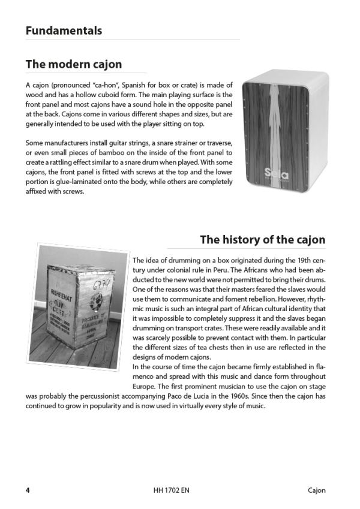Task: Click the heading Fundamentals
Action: (x=64, y=31)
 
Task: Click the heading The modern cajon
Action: (x=74, y=64)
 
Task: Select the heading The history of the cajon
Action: (x=262, y=240)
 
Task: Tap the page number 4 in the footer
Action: (x=28, y=490)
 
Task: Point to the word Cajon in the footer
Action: (x=313, y=490)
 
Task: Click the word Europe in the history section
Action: (x=146, y=386)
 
